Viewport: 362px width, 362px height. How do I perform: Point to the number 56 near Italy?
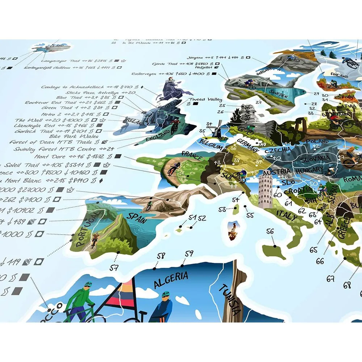270,232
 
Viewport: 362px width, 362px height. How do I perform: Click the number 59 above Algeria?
189,253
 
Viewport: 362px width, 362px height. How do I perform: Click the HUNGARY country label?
308,170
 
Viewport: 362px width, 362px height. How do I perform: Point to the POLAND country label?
317,142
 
